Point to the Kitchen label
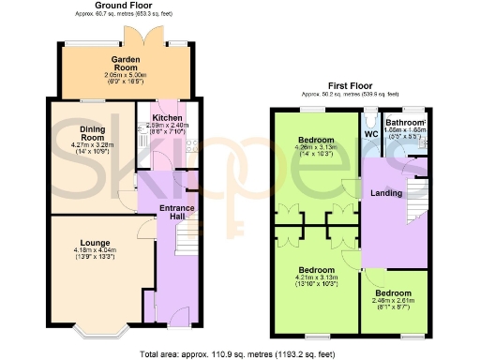[168, 118]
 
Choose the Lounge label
[94, 242]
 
